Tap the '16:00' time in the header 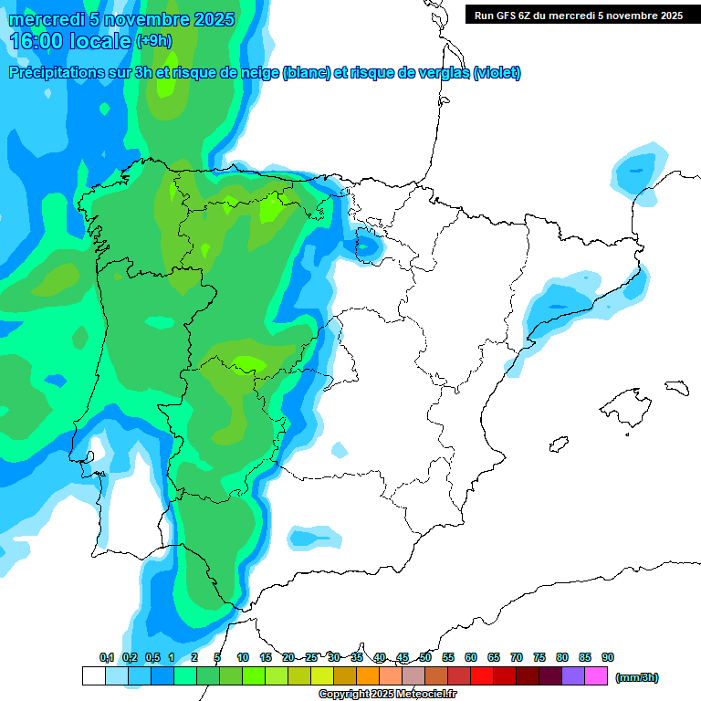(x=37, y=41)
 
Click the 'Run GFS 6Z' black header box (x=578, y=15)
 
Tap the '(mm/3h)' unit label (x=637, y=677)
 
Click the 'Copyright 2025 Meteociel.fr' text (x=388, y=695)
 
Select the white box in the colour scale (x=93, y=676)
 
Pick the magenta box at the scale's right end (x=596, y=676)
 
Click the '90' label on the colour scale (x=608, y=657)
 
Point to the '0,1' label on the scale (x=107, y=657)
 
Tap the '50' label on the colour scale (x=425, y=657)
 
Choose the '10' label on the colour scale (x=243, y=657)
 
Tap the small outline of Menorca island (x=676, y=387)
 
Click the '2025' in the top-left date (x=212, y=19)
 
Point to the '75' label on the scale (x=539, y=657)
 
